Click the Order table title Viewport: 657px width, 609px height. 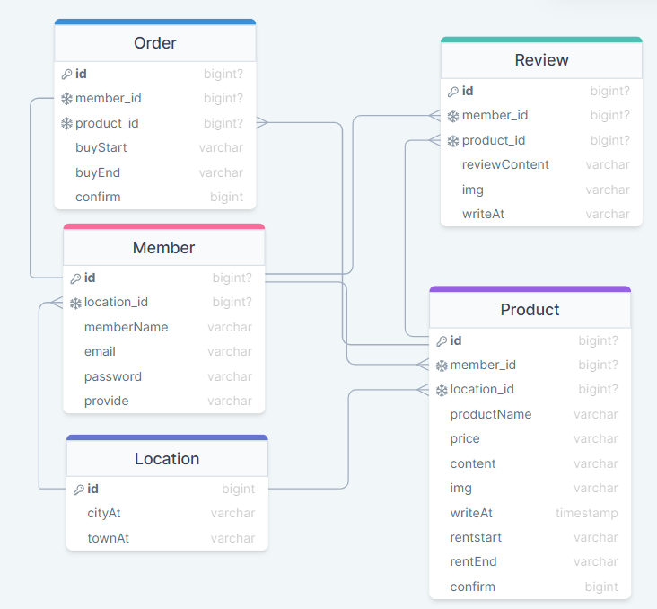click(x=155, y=43)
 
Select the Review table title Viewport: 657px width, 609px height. click(x=541, y=60)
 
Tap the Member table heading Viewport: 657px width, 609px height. click(x=164, y=247)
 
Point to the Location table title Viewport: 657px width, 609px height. click(x=167, y=458)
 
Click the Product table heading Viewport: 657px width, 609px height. click(x=530, y=310)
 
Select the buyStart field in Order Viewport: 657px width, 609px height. click(x=101, y=147)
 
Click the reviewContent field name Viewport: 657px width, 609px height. click(x=505, y=164)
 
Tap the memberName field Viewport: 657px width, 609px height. click(x=127, y=327)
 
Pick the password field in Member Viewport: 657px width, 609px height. click(x=113, y=376)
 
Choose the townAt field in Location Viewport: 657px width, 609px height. click(x=108, y=538)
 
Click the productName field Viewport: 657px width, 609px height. click(x=491, y=414)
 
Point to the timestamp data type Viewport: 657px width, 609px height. click(x=587, y=513)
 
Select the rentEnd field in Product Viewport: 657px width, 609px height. click(x=474, y=561)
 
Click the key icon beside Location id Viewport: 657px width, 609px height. click(x=79, y=490)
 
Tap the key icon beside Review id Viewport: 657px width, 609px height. click(x=453, y=92)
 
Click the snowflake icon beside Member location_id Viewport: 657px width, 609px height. click(x=75, y=303)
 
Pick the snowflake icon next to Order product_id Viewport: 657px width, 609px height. click(x=66, y=124)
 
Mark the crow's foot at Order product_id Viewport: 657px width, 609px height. click(x=262, y=122)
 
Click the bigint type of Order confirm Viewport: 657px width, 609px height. click(x=227, y=197)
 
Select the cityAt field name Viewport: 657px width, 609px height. click(x=104, y=513)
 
